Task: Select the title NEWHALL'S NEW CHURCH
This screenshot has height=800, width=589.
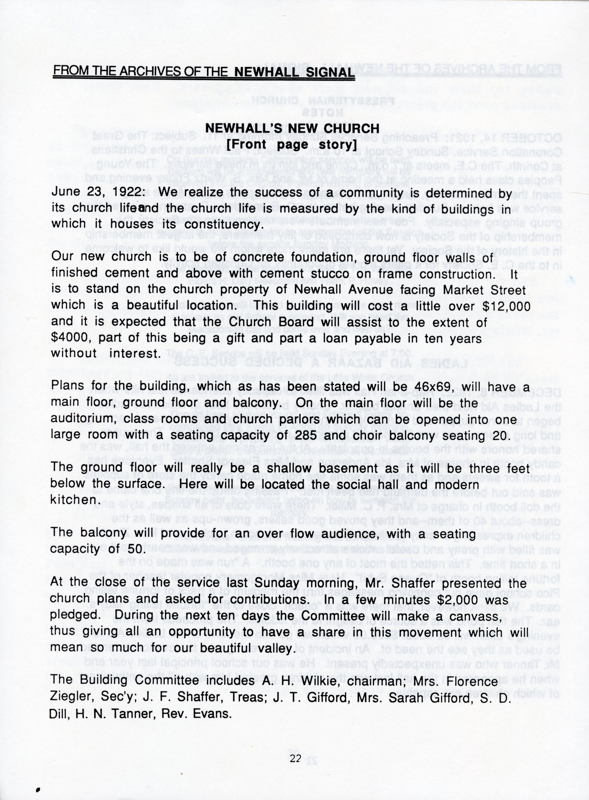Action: click(x=292, y=128)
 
